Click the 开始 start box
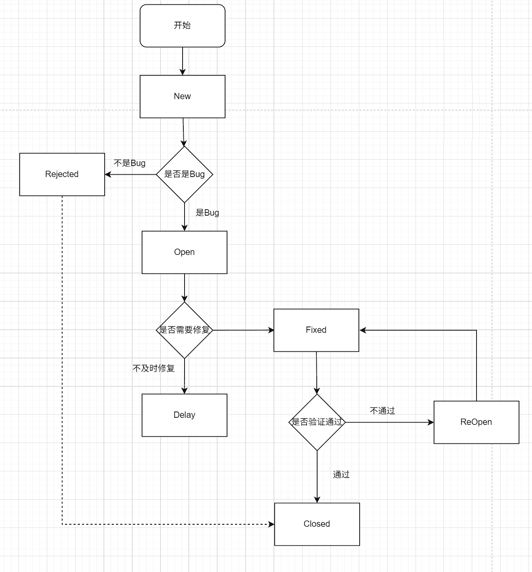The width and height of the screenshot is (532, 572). [183, 26]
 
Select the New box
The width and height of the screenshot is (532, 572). [183, 96]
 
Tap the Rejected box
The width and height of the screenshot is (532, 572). [62, 174]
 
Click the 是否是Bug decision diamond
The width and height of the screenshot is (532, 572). [185, 174]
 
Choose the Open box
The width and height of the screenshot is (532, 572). [185, 252]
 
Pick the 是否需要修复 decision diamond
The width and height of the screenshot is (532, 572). [185, 330]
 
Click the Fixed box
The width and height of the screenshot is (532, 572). [316, 330]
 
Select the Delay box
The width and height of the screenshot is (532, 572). [185, 415]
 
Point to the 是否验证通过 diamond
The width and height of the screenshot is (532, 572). [317, 422]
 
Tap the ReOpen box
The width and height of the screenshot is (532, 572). [477, 422]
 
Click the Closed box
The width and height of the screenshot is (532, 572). [317, 524]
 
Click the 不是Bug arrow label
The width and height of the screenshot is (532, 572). [129, 163]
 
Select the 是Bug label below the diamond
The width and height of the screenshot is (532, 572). [207, 213]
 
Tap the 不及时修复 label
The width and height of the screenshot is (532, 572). [154, 368]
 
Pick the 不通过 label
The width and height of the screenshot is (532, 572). [382, 411]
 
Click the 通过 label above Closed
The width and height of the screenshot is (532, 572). [341, 475]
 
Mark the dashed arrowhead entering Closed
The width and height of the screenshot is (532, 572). [272, 524]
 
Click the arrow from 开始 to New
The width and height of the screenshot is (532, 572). [183, 61]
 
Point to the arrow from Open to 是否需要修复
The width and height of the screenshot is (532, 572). [185, 288]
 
